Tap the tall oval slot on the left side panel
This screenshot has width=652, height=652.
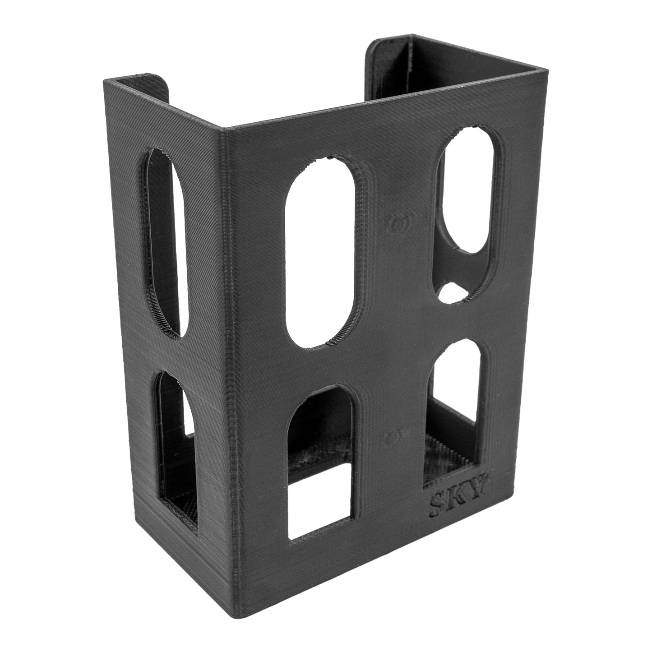164,244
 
